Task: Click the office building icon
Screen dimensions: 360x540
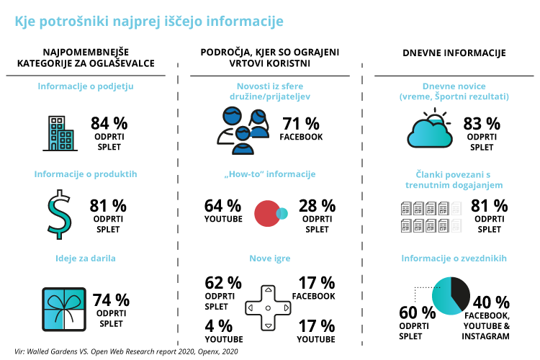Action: click(x=60, y=132)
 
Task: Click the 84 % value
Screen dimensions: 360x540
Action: click(x=109, y=124)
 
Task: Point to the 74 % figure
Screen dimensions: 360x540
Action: click(x=112, y=300)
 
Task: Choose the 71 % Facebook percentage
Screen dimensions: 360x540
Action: click(x=302, y=124)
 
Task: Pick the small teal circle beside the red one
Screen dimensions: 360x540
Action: click(x=282, y=214)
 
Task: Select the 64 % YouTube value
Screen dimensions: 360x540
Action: click(x=223, y=207)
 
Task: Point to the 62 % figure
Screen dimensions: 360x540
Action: click(x=223, y=283)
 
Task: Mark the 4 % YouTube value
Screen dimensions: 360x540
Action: click(x=217, y=325)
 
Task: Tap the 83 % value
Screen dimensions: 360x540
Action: click(x=482, y=123)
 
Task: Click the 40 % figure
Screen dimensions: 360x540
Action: click(x=492, y=302)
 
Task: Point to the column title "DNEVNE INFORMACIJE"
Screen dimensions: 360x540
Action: click(x=454, y=53)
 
